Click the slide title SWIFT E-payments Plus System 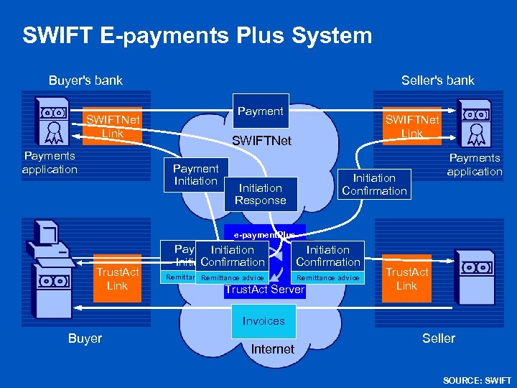(x=197, y=35)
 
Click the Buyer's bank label (x=85, y=80)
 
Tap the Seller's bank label (x=438, y=80)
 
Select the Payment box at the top (x=261, y=111)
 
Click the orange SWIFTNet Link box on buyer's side (x=113, y=126)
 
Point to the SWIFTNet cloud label (x=261, y=141)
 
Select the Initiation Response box (x=261, y=194)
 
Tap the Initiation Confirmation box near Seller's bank (x=374, y=184)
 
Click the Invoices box (x=264, y=321)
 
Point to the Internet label (x=273, y=349)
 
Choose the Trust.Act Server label (x=264, y=290)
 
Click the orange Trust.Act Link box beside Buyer (x=117, y=279)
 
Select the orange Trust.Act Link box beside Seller (x=406, y=279)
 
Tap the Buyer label (x=85, y=338)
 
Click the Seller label (x=439, y=338)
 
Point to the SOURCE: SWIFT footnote (x=478, y=380)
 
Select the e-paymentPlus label (x=264, y=234)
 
